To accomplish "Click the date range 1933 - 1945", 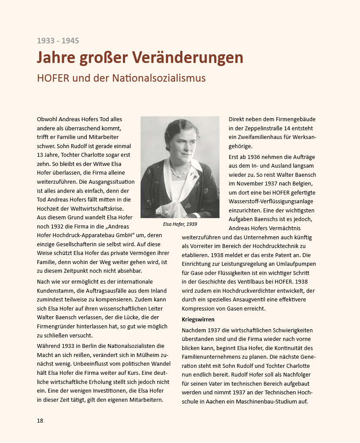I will point(58,41).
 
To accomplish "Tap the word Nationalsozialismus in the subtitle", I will point(159,79).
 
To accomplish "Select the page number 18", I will point(40,420).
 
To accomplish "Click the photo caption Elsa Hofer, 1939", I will point(180,224).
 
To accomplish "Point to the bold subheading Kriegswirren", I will point(198,319).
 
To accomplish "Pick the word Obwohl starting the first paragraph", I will point(47,119).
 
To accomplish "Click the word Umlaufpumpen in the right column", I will point(297,264).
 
